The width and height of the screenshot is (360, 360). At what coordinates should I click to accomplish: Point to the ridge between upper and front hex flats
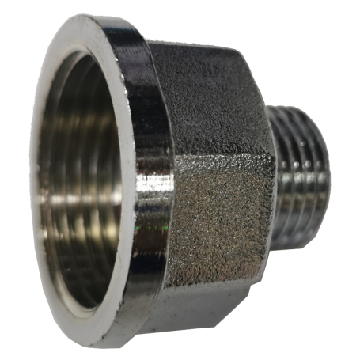pos(222,150)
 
